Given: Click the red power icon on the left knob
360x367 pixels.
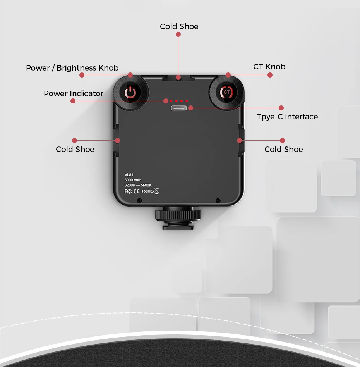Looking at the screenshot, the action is [x=130, y=93].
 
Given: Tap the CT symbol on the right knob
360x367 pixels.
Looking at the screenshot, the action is [x=226, y=92].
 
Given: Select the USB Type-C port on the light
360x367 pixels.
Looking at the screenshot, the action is [x=179, y=108].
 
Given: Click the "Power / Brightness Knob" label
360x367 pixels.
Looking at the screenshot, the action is [x=72, y=68].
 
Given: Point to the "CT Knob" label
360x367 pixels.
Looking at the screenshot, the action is [x=269, y=67].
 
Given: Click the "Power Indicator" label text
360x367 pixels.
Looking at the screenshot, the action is [x=74, y=93].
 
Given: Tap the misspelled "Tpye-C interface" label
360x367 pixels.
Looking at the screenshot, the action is [x=287, y=117].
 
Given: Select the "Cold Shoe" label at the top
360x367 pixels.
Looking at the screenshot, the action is [x=179, y=26].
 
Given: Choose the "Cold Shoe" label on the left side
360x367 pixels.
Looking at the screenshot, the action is [x=75, y=149].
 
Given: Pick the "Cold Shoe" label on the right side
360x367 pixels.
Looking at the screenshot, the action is [x=284, y=149].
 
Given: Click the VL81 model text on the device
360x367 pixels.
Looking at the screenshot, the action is [x=129, y=175].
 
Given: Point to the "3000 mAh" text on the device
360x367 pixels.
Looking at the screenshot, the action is [x=133, y=180].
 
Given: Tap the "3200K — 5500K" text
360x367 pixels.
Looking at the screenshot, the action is [x=138, y=185].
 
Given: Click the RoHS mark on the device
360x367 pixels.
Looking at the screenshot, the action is [x=148, y=191].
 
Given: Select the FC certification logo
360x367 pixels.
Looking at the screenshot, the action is [x=128, y=191].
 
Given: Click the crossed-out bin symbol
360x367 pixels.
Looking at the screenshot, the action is [x=157, y=191].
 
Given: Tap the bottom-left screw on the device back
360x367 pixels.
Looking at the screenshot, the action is [x=139, y=200].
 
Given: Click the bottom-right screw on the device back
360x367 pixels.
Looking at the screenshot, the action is [x=218, y=200].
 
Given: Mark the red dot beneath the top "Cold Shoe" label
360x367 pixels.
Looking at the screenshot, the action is [x=178, y=34].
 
